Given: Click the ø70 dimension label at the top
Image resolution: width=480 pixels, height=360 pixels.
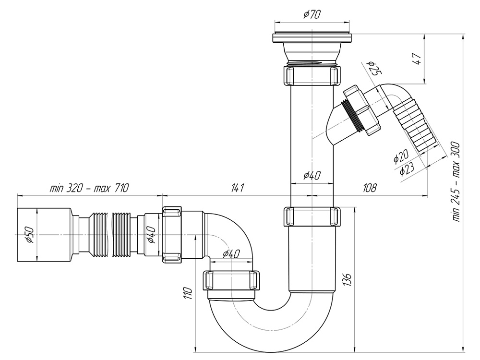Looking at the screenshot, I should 312,15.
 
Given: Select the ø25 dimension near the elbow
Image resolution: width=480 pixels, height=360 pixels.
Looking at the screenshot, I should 373,70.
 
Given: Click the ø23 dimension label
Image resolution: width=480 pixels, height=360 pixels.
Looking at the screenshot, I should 406,169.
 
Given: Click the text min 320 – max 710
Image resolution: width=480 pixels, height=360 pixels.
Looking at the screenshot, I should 89,188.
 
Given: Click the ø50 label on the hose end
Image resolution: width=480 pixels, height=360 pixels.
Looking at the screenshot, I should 28,235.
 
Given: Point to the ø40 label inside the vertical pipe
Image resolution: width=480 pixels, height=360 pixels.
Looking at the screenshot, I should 312,175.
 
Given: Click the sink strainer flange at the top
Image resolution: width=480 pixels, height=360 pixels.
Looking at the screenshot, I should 312,37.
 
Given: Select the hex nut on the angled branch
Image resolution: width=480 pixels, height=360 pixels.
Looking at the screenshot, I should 362,110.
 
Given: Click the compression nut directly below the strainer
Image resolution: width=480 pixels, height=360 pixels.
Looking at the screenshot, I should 312,75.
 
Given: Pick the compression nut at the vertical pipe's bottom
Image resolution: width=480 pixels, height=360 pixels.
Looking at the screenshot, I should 312,216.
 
